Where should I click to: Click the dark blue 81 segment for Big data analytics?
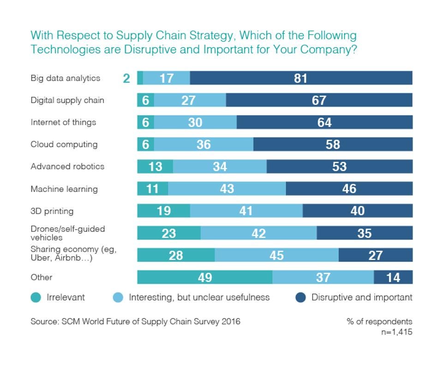(301, 78)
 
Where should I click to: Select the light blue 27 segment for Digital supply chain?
(190, 100)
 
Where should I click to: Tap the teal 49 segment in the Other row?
(204, 277)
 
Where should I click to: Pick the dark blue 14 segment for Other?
(393, 277)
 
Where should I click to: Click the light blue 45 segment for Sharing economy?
(276, 255)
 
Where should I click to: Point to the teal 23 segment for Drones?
(169, 233)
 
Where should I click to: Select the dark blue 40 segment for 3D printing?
(357, 211)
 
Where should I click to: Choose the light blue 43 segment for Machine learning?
(227, 189)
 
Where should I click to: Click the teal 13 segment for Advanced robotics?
(155, 167)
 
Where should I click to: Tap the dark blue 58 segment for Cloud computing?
(333, 144)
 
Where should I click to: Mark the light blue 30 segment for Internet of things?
(195, 122)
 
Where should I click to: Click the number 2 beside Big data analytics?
(126, 78)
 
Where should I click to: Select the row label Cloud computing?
(64, 144)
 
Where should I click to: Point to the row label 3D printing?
(52, 211)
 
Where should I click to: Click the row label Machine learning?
(64, 189)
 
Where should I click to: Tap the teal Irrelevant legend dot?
(36, 298)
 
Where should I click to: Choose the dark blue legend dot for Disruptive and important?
(300, 298)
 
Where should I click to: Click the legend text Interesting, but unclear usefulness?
(199, 298)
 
